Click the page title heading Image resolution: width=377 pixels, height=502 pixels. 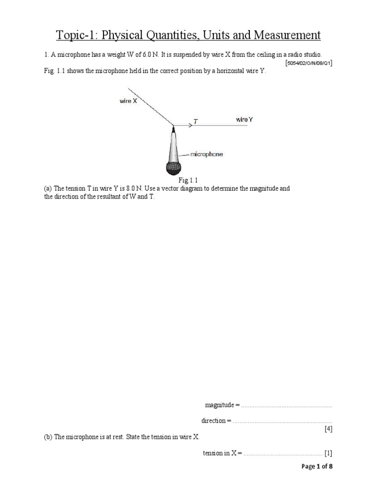click(188, 35)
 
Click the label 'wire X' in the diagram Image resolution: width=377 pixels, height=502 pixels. click(129, 101)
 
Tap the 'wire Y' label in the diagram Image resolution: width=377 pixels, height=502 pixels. click(244, 119)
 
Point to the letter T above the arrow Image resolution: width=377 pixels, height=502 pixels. click(196, 121)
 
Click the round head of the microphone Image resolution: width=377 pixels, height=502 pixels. click(173, 169)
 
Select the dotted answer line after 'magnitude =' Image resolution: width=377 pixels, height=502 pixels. click(287, 405)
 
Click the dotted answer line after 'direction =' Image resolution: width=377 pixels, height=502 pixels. click(282, 421)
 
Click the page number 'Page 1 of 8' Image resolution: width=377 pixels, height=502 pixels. click(317, 466)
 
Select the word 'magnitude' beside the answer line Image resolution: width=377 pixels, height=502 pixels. click(219, 405)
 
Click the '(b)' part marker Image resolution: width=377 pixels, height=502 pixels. click(48, 437)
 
